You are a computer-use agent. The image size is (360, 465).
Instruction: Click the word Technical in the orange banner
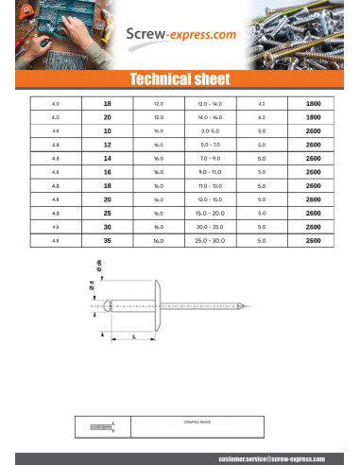tap(156, 78)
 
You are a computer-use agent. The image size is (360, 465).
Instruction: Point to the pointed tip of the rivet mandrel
tap(248, 305)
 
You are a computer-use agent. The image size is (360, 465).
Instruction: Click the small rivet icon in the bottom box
tap(101, 427)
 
